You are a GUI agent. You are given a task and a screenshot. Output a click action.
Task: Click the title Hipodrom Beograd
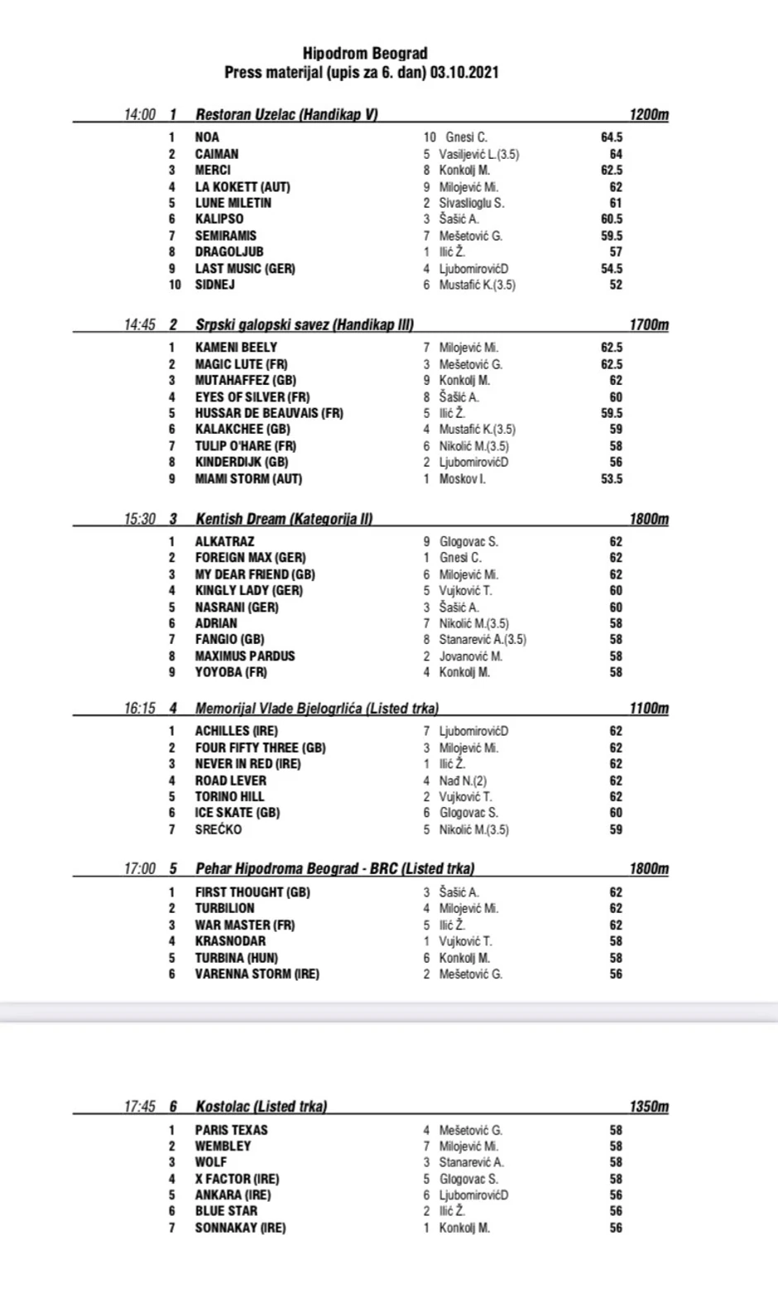pos(365,54)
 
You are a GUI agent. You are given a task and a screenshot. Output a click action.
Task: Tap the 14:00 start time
pos(140,115)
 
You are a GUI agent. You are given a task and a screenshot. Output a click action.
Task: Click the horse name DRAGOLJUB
pos(229,252)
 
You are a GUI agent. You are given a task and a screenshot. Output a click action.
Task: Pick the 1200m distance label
pos(649,115)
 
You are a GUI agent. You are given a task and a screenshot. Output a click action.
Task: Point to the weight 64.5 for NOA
pos(612,137)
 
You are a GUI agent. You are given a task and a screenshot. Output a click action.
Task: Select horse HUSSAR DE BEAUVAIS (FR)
pos(269,413)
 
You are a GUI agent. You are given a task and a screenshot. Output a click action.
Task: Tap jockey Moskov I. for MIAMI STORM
pos(463,479)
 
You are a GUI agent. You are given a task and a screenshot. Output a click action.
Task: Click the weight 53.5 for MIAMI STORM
pos(612,479)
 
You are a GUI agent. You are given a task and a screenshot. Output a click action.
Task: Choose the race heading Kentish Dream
pos(241,520)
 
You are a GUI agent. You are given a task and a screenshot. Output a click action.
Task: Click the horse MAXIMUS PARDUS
pos(245,656)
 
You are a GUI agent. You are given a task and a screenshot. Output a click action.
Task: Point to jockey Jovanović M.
pos(470,656)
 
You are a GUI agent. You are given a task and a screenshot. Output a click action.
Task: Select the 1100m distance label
pos(649,709)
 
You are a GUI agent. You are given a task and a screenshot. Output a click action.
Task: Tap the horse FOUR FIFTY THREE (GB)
pos(261,747)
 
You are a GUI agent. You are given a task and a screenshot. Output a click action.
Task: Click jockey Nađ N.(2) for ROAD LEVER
pos(463,781)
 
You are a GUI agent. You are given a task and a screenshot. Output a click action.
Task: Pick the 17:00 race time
pos(140,869)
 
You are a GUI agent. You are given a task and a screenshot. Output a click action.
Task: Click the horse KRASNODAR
pos(231,941)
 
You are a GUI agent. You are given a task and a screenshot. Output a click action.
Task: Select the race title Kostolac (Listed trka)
pos(261,1107)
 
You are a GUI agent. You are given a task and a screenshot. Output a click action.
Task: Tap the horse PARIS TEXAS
pos(232,1130)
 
